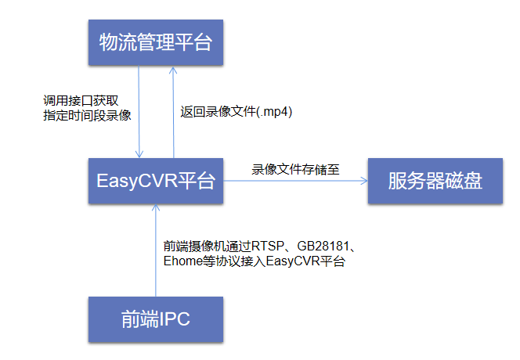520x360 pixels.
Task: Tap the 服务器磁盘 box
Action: tap(435, 182)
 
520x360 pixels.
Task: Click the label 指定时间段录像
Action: tap(86, 116)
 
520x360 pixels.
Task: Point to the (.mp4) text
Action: tap(274, 112)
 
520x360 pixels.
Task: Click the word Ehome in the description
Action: tap(176, 261)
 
